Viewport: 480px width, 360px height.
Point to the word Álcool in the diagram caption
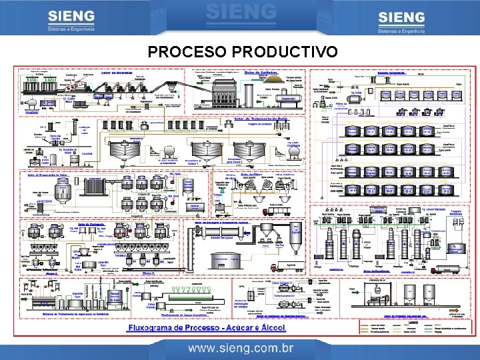(x=271, y=328)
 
